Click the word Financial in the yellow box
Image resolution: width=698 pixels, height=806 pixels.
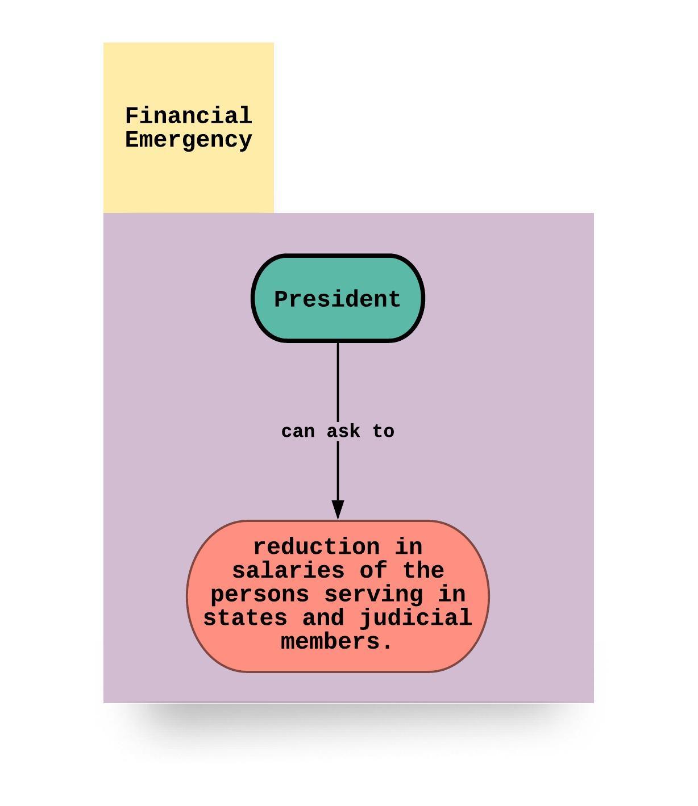188,116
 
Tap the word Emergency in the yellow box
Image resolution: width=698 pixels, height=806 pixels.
188,140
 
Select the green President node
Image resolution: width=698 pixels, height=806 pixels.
338,299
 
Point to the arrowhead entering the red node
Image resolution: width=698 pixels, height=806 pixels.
338,510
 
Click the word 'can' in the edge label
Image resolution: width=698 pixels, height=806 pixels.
298,432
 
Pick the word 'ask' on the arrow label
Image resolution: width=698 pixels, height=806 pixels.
343,432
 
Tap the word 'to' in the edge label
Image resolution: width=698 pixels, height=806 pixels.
384,432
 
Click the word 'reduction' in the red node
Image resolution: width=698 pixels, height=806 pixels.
316,547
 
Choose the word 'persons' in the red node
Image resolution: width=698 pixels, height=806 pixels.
260,594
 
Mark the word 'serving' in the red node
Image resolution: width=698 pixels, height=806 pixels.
373,594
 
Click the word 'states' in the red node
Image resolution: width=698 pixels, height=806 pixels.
245,618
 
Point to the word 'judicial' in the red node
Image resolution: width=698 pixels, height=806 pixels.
416,618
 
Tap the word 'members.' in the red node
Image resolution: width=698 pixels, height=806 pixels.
337,642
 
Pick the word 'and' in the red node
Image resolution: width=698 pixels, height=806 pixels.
323,618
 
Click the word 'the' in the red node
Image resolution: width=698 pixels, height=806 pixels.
423,570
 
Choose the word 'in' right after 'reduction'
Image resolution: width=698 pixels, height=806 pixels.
409,547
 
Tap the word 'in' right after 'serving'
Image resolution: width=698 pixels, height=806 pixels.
451,594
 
